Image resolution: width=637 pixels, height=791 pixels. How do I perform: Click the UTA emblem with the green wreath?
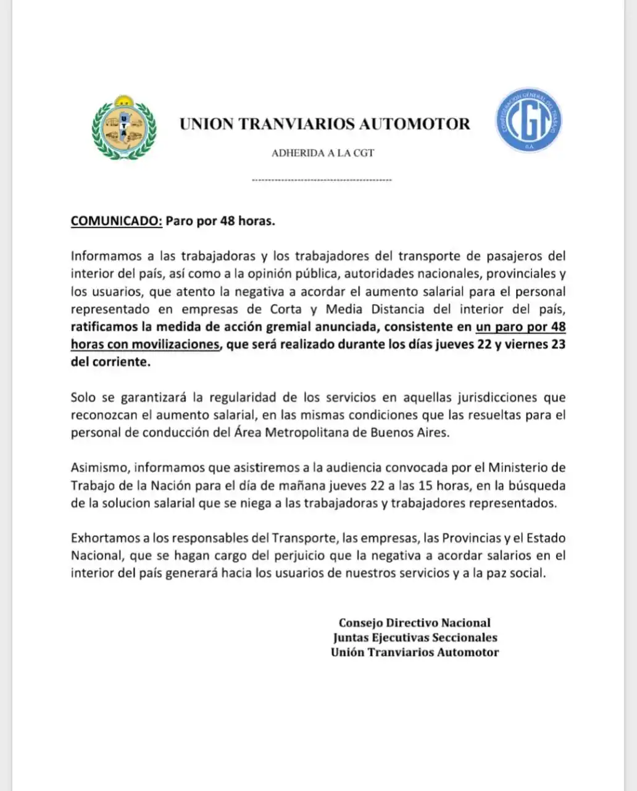123,128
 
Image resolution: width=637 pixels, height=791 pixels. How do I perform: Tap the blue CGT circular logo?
528,121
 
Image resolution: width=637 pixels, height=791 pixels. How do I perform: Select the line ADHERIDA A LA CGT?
323,153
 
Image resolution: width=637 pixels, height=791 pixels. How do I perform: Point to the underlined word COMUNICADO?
116,221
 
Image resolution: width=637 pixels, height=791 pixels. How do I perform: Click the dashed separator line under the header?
322,180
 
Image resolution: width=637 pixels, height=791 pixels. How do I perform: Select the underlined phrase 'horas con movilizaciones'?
145,344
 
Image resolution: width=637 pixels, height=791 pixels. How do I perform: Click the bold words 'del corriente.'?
110,362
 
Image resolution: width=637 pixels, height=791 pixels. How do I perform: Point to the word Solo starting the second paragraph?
83,397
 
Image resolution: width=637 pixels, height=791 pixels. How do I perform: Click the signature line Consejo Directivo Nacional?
414,623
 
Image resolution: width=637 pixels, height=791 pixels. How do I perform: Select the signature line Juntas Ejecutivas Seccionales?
415,637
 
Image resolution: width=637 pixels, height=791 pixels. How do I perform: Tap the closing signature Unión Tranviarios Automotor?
415,652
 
